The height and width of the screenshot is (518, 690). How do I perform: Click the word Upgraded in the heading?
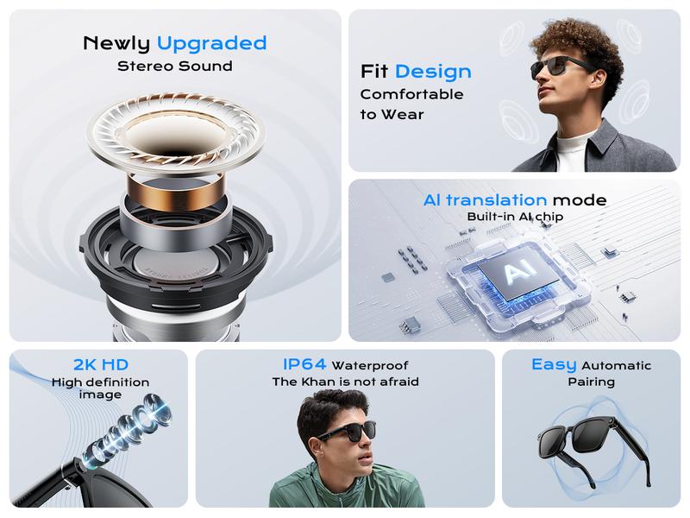point(211,43)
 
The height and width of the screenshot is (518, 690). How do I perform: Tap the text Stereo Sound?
point(174,66)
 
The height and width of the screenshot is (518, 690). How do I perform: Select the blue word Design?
point(433,71)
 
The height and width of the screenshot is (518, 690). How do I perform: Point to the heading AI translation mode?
point(515,200)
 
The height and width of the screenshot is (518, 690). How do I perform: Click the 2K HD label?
point(102,365)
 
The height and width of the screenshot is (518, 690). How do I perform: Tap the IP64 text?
point(305,365)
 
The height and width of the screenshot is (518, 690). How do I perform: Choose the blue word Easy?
point(554,364)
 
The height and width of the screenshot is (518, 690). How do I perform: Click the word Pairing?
point(591,382)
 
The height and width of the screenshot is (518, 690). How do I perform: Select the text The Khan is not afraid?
point(345,382)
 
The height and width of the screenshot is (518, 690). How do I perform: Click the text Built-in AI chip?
point(515,217)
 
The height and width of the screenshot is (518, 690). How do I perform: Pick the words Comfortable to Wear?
point(411,104)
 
